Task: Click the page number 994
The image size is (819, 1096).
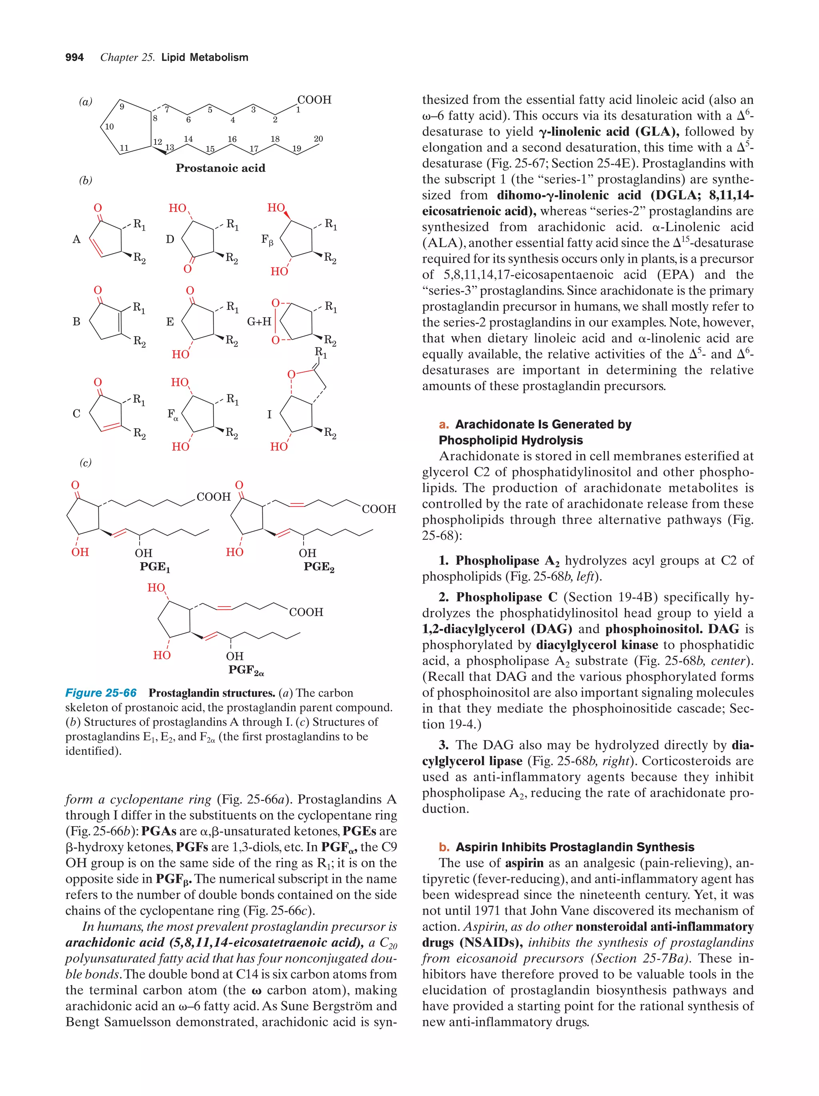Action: pos(74,58)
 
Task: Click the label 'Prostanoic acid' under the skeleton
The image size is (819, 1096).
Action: pos(220,168)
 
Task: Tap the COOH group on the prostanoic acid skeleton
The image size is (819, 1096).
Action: pos(314,100)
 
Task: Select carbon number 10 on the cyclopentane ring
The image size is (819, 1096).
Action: pos(110,126)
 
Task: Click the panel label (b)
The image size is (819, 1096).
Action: pos(86,180)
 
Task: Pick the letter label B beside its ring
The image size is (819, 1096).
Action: pos(77,321)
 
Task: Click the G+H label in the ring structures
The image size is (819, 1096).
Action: pos(259,321)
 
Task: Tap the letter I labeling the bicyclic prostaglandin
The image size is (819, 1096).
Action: pos(269,414)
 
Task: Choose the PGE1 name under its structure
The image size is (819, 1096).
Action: pos(155,567)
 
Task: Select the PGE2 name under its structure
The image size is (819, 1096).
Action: pos(319,567)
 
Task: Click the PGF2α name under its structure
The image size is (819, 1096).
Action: pos(246,671)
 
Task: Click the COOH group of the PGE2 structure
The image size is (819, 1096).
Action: pos(379,509)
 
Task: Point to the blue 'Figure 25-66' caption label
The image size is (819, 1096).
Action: pos(101,693)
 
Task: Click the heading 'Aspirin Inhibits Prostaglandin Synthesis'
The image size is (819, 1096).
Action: pos(575,847)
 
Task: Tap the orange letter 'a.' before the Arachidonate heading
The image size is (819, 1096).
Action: pos(444,424)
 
